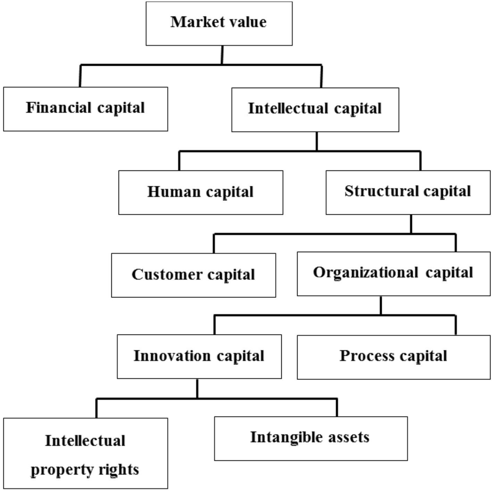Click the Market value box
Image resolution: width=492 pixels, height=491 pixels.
[219, 24]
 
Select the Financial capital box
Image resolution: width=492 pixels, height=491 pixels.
[85, 109]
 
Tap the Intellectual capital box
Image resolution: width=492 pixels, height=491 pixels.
[315, 110]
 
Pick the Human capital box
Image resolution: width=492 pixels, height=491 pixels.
[201, 193]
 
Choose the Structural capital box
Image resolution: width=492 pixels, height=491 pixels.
[408, 193]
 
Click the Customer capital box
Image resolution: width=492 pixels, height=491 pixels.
[193, 275]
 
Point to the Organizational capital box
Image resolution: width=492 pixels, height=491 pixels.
[394, 274]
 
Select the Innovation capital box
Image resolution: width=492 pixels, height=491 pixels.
[199, 357]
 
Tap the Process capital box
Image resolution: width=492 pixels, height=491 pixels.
[394, 357]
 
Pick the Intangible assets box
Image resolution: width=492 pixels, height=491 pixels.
[311, 439]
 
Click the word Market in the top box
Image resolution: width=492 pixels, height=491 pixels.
[193, 22]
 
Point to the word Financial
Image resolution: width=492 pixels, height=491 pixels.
[58, 108]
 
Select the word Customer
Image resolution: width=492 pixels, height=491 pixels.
[166, 275]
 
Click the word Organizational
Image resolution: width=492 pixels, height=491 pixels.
[365, 273]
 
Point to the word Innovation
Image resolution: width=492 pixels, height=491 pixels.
[172, 356]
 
